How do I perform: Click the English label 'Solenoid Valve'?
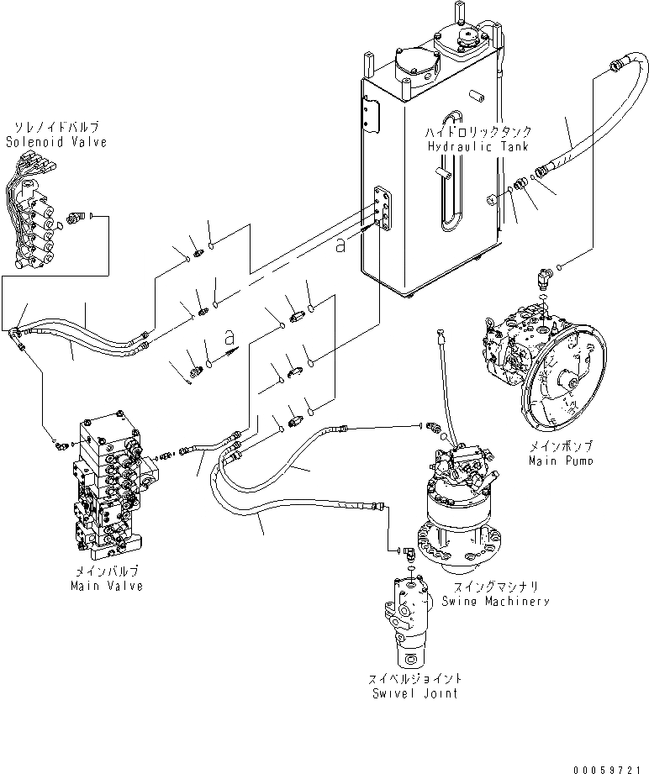tap(56, 143)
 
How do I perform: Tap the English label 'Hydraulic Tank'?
tap(477, 146)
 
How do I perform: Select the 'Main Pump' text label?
tap(561, 461)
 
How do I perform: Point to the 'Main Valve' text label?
tap(107, 586)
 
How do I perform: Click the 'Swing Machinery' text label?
tap(496, 601)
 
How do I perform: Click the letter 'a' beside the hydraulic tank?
tap(340, 245)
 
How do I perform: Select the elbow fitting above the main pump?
tap(543, 275)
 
